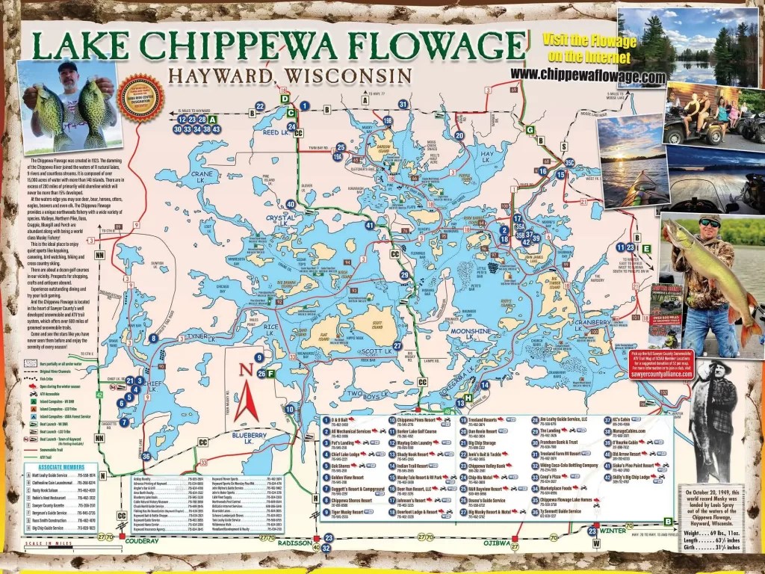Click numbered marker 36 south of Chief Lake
146,456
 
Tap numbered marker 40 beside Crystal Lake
291,204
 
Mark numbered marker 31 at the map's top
403,104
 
